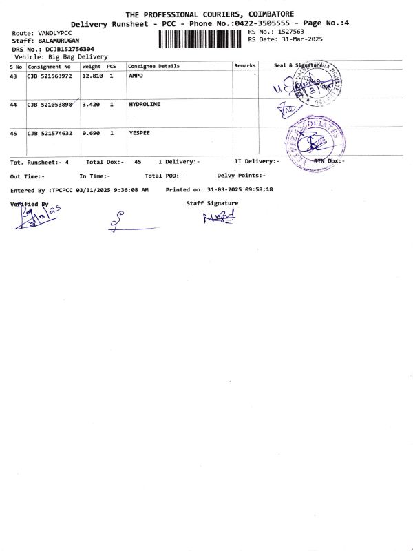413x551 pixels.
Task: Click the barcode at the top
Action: (x=201, y=39)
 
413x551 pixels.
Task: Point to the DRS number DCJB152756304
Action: (x=70, y=49)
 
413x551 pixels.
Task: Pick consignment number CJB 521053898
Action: (x=50, y=104)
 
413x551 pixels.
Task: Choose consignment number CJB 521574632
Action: (x=50, y=133)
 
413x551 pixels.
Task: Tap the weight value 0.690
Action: (x=91, y=133)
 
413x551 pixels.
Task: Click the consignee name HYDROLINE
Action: (x=144, y=104)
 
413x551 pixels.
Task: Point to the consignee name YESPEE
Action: (x=139, y=133)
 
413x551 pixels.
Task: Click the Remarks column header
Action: (x=244, y=66)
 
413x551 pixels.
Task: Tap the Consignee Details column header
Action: (x=153, y=66)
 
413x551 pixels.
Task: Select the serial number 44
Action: (x=14, y=104)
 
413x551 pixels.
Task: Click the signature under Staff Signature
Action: (x=218, y=218)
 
